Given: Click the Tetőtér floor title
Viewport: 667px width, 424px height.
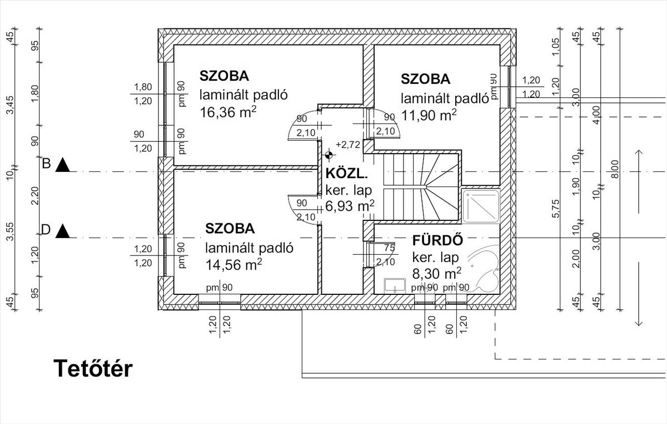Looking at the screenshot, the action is (93, 369).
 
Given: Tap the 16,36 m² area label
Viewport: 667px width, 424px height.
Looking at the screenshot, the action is (228, 112).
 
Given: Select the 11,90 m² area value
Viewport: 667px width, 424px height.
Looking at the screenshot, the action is (429, 115).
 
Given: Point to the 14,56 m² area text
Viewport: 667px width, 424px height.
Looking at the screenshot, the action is (234, 265).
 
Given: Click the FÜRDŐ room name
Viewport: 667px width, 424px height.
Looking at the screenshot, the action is (437, 240).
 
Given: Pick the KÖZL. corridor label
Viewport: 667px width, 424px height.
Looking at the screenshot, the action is (347, 174).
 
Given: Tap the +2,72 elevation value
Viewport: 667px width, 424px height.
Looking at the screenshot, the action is (348, 145).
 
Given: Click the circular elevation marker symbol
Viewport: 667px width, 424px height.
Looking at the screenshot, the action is (328, 155).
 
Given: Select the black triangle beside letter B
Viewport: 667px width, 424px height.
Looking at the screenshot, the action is (62, 165).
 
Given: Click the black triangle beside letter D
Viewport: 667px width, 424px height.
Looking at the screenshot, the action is (62, 231).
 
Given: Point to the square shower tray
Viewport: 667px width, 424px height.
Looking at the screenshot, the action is (481, 206).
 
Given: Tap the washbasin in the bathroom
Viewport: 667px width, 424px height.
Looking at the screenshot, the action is (395, 285).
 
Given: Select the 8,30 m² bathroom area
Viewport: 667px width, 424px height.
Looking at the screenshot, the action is (437, 273).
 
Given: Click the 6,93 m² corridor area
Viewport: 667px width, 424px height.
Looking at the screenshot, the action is (350, 206).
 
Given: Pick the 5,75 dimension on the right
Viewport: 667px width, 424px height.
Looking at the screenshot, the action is (556, 209).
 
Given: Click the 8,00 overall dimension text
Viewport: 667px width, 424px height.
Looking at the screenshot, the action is (615, 169).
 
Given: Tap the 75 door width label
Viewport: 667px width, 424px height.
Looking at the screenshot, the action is (389, 248).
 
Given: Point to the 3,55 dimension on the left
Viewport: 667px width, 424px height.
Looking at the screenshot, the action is (10, 231).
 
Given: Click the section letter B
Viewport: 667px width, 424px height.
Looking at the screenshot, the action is (47, 164).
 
